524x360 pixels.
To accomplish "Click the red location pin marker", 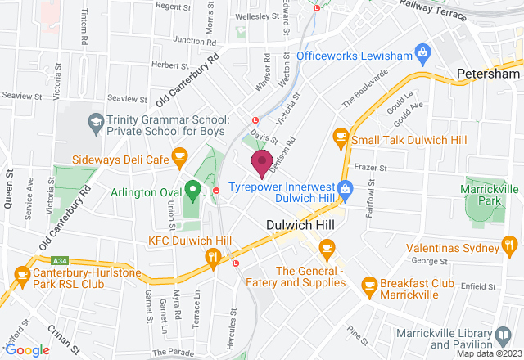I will pos(262,162).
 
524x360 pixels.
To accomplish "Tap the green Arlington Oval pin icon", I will pos(192,191).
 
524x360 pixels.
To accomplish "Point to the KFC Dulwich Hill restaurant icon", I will pos(214,258).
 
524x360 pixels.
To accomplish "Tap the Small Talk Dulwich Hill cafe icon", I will pos(339,139).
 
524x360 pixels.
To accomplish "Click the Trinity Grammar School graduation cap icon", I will pos(95,122).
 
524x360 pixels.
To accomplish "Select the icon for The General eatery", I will pos(327,246).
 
